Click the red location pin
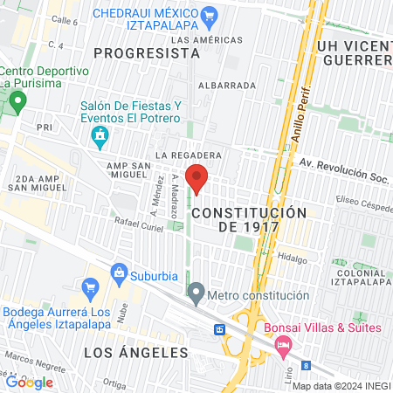click(x=196, y=178)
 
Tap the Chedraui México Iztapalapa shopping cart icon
click(x=209, y=15)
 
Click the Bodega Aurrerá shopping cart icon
click(x=88, y=286)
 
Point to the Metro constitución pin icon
click(x=196, y=293)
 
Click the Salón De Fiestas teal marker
click(x=100, y=136)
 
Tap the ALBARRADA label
click(x=227, y=86)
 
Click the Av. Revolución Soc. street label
click(x=341, y=163)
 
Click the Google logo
click(x=30, y=382)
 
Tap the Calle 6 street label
click(x=65, y=20)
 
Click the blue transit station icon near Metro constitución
click(x=219, y=330)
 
